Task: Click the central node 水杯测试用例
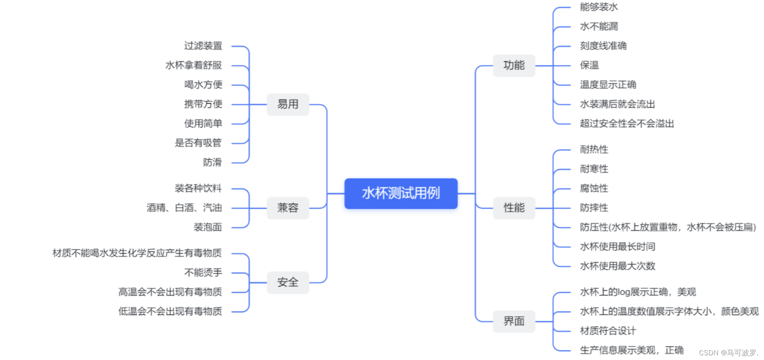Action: pos(401,193)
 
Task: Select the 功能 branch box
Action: pos(514,65)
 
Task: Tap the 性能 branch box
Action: pos(514,208)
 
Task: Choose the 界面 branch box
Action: pos(514,321)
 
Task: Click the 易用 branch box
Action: pos(288,104)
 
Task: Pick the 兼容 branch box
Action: pos(288,208)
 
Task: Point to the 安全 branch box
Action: pos(288,282)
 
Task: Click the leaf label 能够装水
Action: pos(599,7)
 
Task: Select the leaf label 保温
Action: pos(589,65)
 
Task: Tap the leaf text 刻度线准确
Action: pos(603,46)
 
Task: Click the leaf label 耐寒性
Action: pos(594,169)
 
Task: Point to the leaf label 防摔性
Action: pos(594,208)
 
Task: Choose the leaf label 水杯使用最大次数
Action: pos(617,266)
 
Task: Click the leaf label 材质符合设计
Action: pos(608,331)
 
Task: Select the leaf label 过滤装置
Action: pos(203,46)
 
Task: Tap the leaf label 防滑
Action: pos(212,162)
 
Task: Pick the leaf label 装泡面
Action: pos(207,227)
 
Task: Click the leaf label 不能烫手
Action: pos(203,272)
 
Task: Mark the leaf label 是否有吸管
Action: pos(198,143)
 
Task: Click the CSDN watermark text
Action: pos(728,353)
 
